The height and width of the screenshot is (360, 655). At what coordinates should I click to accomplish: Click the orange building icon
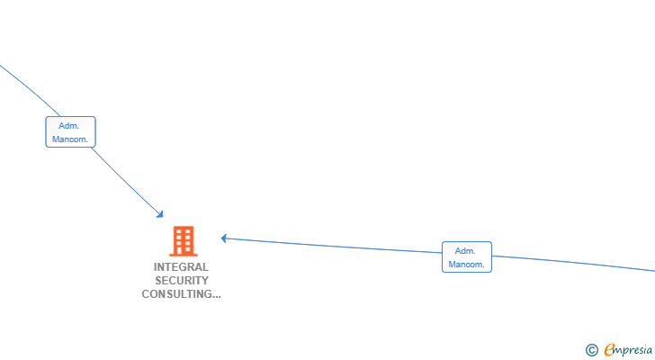click(184, 241)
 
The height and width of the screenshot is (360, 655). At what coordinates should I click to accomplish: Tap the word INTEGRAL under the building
click(181, 267)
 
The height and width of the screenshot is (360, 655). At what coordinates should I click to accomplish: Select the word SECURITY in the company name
click(182, 280)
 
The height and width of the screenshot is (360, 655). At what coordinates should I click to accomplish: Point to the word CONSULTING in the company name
click(176, 294)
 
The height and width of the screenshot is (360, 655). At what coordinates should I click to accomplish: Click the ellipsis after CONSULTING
click(216, 296)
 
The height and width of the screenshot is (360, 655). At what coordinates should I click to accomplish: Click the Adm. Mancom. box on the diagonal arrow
click(70, 132)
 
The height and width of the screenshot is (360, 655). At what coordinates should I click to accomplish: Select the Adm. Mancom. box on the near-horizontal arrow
click(467, 256)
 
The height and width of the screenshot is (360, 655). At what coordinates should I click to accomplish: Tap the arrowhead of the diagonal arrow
click(160, 215)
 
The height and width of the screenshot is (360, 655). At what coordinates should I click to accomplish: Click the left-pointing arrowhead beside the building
click(224, 238)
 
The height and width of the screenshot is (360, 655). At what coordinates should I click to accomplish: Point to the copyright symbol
click(591, 350)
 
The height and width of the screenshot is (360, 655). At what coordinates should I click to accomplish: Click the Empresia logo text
click(628, 349)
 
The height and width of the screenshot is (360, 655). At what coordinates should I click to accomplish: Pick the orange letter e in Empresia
click(609, 349)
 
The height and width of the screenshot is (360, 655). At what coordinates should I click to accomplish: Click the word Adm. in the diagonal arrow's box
click(69, 126)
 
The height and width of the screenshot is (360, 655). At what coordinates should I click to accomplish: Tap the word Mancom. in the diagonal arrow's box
click(70, 139)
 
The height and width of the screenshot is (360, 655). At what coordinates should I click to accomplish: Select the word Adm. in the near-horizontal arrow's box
click(465, 250)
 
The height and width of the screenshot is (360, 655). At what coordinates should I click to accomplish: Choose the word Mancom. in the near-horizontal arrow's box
click(466, 265)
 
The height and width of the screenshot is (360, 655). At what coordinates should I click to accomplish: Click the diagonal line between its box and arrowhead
click(126, 182)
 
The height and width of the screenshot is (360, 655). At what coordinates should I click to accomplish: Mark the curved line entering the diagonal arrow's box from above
click(30, 90)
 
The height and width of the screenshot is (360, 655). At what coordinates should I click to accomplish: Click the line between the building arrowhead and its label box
click(333, 246)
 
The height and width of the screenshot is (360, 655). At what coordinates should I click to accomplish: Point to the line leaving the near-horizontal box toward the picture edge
click(573, 263)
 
